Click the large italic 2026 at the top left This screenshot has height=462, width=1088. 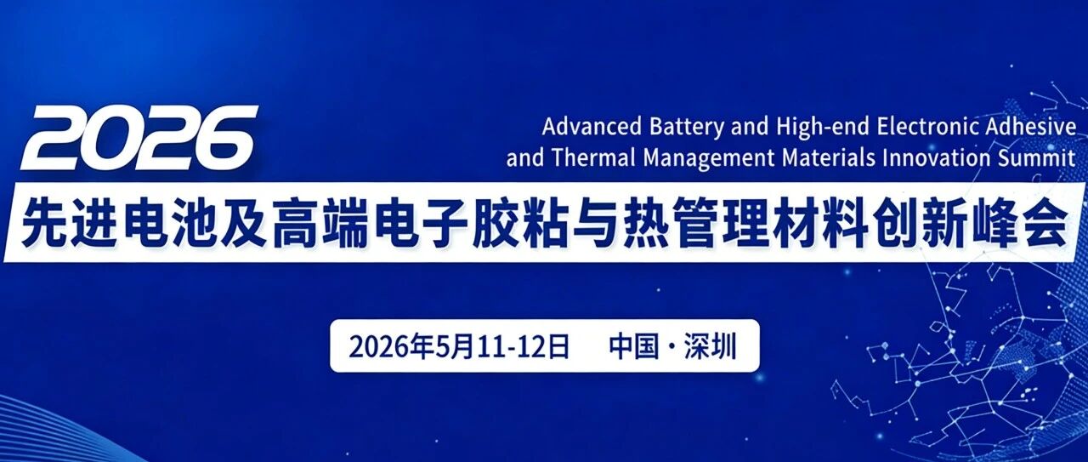click(139, 138)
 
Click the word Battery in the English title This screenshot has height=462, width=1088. click(686, 128)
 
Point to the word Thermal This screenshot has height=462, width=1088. click(593, 158)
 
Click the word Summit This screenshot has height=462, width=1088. click(1036, 158)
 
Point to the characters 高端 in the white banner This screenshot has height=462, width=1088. click(318, 223)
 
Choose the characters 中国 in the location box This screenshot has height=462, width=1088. click(634, 346)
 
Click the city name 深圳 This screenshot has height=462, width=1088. click(710, 346)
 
